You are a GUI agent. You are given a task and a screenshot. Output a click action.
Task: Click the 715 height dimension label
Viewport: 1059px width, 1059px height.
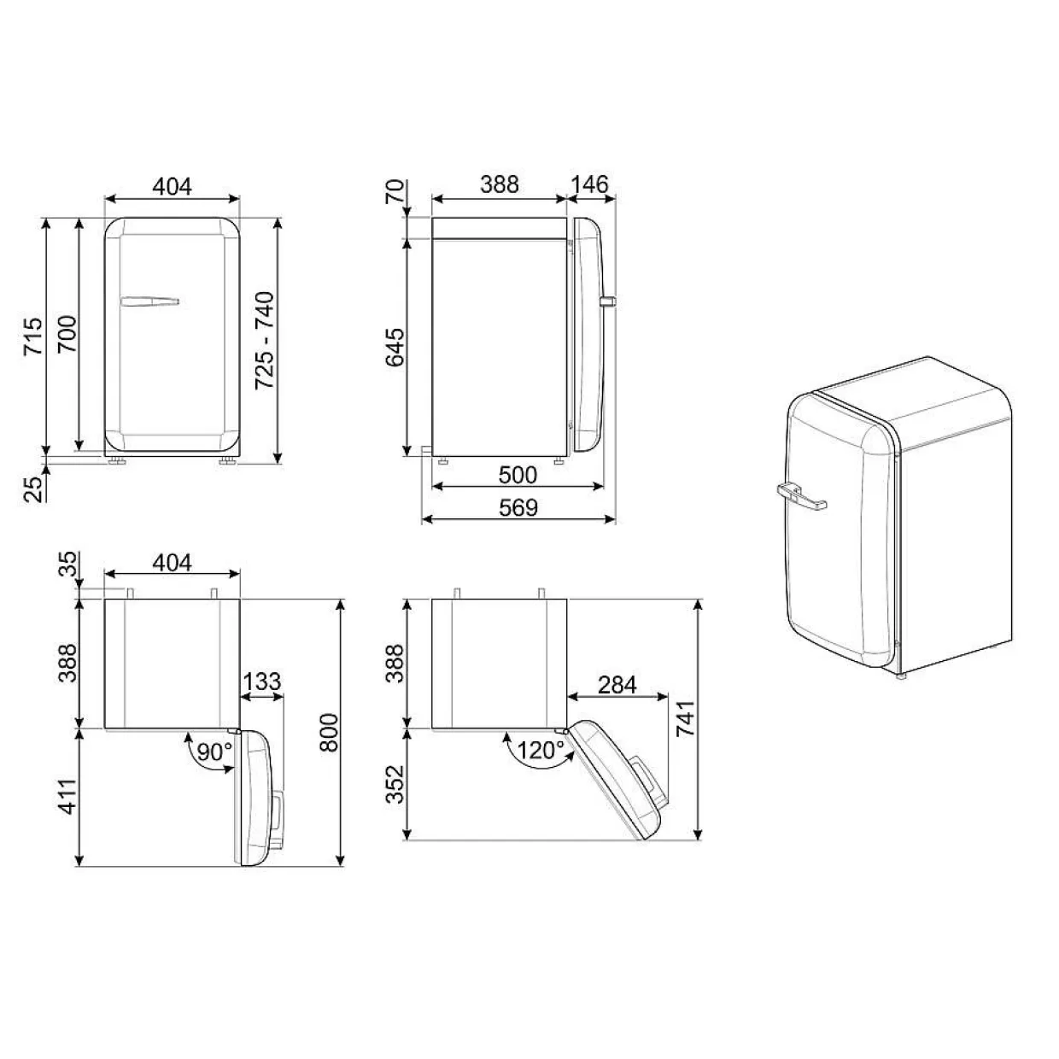[33, 336]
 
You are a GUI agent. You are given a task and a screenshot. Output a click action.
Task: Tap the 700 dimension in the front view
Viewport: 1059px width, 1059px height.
[67, 334]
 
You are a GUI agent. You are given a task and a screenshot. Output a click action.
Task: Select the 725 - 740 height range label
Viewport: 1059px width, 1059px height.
[265, 340]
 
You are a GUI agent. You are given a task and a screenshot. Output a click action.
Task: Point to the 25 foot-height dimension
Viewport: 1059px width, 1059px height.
[33, 489]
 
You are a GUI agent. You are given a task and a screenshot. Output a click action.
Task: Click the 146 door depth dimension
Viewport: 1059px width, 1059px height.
[589, 184]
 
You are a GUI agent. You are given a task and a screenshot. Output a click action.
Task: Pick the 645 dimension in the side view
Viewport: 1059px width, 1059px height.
[395, 348]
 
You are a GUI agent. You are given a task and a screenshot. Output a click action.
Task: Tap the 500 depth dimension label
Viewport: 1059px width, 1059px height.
[518, 475]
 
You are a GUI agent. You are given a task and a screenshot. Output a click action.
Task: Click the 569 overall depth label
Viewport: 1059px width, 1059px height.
[518, 508]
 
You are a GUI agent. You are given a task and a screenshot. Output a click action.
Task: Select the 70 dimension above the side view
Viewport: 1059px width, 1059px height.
[395, 192]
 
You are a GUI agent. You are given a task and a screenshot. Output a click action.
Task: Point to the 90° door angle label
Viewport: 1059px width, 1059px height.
[214, 752]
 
